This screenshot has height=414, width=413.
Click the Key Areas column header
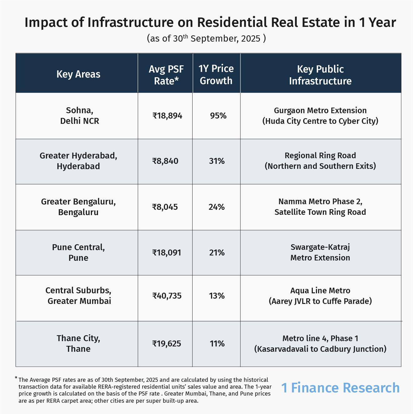[x=78, y=74]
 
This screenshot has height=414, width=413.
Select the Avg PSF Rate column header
[x=166, y=75]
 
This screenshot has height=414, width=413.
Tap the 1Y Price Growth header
[x=216, y=74]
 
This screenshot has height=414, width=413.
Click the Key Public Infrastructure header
[x=320, y=75]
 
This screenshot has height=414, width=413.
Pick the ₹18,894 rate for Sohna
[x=167, y=116]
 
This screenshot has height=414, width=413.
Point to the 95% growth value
[x=218, y=116]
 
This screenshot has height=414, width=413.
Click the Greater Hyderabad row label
[x=78, y=161]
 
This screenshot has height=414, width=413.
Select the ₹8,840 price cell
[x=165, y=161]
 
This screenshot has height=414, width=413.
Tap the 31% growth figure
[x=217, y=161]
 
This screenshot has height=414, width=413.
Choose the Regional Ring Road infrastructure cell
[x=320, y=161]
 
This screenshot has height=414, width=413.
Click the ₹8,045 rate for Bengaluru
[x=165, y=207]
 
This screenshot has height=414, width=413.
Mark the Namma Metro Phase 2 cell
[x=320, y=207]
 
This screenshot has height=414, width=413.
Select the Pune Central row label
[x=78, y=252]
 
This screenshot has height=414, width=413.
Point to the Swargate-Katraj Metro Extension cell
[x=320, y=252]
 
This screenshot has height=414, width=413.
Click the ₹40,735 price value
[x=167, y=296]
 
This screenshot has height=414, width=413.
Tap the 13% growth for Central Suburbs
[x=217, y=296]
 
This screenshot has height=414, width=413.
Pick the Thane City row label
[x=78, y=343]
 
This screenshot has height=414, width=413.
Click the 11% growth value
[x=217, y=344]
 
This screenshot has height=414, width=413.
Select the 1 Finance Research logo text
[x=340, y=388]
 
